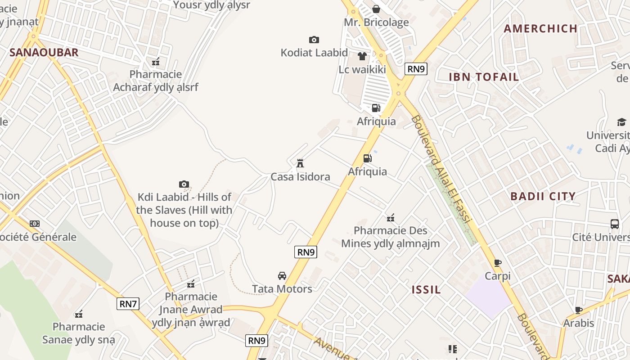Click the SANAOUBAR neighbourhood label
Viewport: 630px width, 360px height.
pyautogui.click(x=44, y=52)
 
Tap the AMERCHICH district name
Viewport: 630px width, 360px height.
pyautogui.click(x=540, y=29)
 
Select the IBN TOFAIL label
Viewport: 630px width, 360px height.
pyautogui.click(x=484, y=77)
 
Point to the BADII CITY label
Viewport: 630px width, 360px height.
pyautogui.click(x=543, y=196)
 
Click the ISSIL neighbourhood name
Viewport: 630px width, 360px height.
pyautogui.click(x=426, y=290)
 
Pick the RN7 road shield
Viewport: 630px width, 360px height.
pyautogui.click(x=128, y=304)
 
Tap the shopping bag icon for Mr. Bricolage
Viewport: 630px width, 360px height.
pyautogui.click(x=376, y=9)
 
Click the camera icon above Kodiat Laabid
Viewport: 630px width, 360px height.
pyautogui.click(x=314, y=40)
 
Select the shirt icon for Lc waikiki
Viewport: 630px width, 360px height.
pyautogui.click(x=362, y=56)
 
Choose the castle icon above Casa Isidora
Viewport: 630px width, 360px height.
pyautogui.click(x=300, y=163)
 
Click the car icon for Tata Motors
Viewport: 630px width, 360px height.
pyautogui.click(x=282, y=276)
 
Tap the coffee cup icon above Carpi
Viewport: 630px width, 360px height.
pyautogui.click(x=498, y=263)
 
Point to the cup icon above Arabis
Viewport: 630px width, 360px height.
pyautogui.click(x=579, y=310)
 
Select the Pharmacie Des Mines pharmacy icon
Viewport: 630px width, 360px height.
pyautogui.click(x=391, y=218)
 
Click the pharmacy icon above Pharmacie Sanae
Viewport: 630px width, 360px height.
pyautogui.click(x=79, y=314)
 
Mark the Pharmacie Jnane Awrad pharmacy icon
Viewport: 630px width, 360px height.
pyautogui.click(x=191, y=283)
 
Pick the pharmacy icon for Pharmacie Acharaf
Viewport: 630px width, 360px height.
pyautogui.click(x=156, y=62)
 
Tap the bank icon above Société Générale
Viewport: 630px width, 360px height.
pyautogui.click(x=35, y=224)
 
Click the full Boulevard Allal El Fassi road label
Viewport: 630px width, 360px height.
pyautogui.click(x=441, y=169)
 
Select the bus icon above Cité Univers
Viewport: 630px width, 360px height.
pyautogui.click(x=615, y=224)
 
